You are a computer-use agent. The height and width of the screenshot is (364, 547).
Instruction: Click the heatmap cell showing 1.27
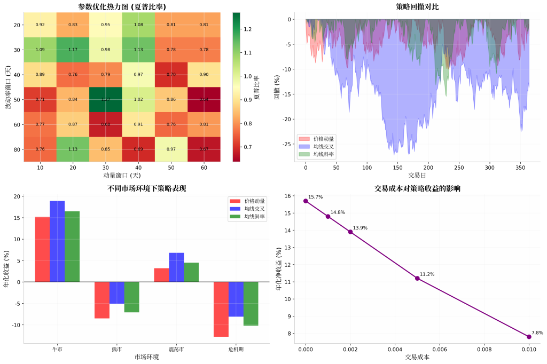tap(105, 99)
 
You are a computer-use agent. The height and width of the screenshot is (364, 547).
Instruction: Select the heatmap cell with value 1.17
tap(73, 50)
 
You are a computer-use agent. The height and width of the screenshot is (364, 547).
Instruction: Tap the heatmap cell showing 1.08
tap(138, 25)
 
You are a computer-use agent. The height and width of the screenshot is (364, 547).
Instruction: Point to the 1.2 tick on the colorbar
tap(247, 29)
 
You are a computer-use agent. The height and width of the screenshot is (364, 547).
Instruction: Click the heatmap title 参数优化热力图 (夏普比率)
tap(122, 6)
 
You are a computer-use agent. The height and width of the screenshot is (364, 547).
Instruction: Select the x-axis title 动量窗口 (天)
tap(122, 175)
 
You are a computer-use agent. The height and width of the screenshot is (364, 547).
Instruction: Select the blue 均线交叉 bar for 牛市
tap(57, 241)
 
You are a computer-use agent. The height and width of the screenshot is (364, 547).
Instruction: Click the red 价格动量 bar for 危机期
tap(221, 309)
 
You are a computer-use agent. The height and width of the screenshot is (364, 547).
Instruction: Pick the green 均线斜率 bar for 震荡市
tap(191, 272)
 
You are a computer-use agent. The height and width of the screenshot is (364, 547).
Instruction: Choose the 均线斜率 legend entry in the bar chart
tap(254, 217)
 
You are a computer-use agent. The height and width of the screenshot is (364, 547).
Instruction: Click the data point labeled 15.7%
tap(306, 201)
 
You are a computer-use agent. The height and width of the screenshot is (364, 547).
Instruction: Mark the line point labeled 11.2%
tap(417, 278)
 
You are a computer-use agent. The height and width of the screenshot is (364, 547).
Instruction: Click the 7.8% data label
tap(537, 333)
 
